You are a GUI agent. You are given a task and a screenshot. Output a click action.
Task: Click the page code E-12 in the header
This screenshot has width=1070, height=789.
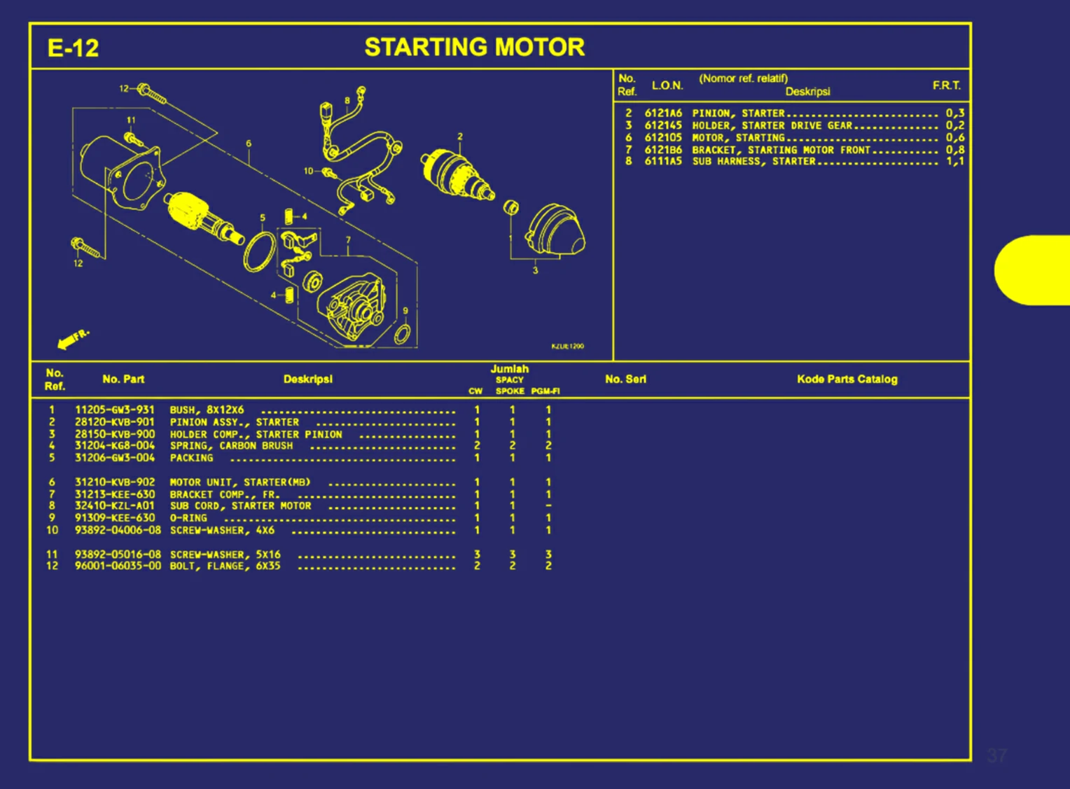tap(73, 48)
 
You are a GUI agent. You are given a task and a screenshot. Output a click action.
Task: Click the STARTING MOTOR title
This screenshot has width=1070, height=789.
tap(474, 48)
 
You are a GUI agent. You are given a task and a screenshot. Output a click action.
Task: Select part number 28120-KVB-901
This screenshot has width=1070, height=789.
tap(115, 422)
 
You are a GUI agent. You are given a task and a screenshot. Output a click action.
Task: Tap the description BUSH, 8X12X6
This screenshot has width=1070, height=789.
tap(207, 410)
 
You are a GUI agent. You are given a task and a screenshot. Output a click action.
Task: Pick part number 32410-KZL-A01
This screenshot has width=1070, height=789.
tap(115, 506)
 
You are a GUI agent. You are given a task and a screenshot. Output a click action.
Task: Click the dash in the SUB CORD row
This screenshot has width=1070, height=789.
tap(548, 506)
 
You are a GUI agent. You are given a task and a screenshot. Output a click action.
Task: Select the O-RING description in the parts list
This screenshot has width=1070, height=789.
tap(188, 519)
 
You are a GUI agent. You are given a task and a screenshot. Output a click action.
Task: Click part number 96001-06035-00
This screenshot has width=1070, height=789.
tap(118, 566)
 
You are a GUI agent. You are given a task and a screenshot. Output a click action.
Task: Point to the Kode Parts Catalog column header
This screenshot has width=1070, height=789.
tap(847, 379)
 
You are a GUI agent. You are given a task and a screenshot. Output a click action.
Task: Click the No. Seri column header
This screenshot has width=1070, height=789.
tap(625, 379)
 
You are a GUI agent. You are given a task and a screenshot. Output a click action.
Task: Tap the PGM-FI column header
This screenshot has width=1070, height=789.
tap(545, 391)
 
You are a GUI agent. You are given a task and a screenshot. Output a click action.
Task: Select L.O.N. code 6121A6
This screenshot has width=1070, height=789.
tap(662, 113)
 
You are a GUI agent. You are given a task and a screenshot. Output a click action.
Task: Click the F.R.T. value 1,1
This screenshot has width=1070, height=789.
tap(954, 161)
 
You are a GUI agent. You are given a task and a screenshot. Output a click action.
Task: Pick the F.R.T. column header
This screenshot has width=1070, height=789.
tap(946, 85)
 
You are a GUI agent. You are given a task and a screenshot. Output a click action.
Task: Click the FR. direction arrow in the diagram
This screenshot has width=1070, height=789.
tap(72, 339)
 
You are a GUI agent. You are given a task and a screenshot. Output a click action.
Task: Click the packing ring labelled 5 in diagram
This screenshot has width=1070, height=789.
tap(259, 251)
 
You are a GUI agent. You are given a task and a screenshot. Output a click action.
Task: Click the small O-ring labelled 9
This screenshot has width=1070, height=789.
tap(403, 335)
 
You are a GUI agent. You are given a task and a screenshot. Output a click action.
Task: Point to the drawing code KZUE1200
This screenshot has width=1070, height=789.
tap(567, 347)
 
